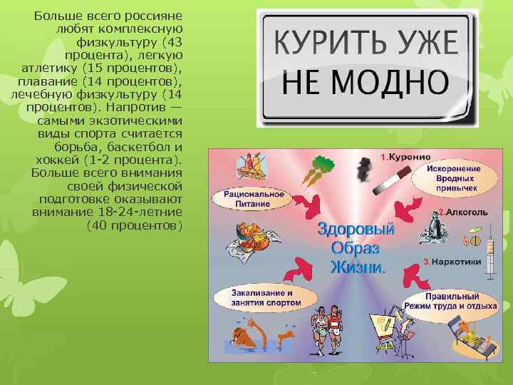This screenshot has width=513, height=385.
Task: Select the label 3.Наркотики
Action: coord(452,262)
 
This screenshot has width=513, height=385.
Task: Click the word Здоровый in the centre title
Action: coord(356,231)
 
